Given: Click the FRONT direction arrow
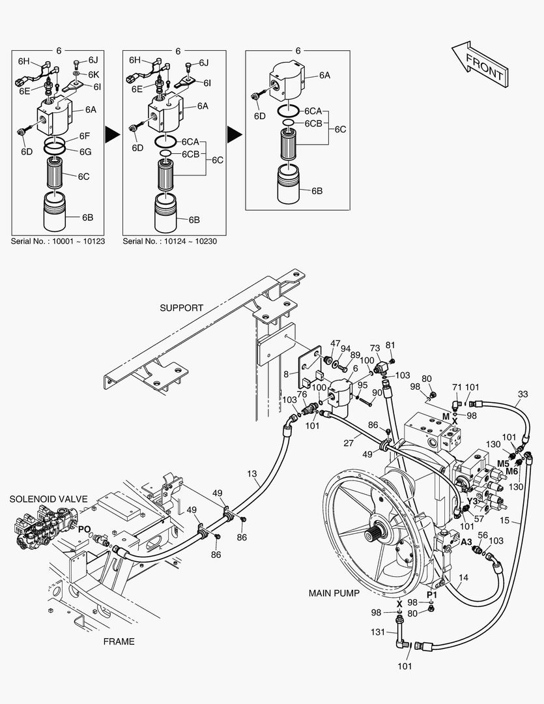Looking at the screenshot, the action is pyautogui.click(x=480, y=64).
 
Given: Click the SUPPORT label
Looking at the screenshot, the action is pyautogui.click(x=181, y=308).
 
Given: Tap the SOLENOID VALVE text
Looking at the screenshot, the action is pyautogui.click(x=48, y=499).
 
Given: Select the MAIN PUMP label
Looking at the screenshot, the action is pyautogui.click(x=334, y=593).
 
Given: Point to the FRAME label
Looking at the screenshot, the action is pyautogui.click(x=119, y=641).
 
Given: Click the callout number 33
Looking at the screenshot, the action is pyautogui.click(x=523, y=394).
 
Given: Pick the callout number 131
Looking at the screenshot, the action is pyautogui.click(x=378, y=632).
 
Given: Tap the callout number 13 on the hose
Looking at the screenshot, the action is pyautogui.click(x=252, y=474).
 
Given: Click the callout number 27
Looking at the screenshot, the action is pyautogui.click(x=349, y=443).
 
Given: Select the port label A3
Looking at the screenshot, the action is pyautogui.click(x=466, y=542).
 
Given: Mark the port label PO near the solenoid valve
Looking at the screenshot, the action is pyautogui.click(x=85, y=529).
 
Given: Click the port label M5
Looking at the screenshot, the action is pyautogui.click(x=503, y=464).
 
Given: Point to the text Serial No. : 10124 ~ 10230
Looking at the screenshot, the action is pyautogui.click(x=169, y=241).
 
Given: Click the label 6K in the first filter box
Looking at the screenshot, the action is pyautogui.click(x=93, y=74).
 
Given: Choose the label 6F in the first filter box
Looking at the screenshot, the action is pyautogui.click(x=85, y=136).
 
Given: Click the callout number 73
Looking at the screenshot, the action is pyautogui.click(x=375, y=348).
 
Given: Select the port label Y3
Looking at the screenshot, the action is pyautogui.click(x=472, y=501).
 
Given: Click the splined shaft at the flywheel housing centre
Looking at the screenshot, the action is pyautogui.click(x=376, y=535).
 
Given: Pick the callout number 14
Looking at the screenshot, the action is pyautogui.click(x=464, y=578).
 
